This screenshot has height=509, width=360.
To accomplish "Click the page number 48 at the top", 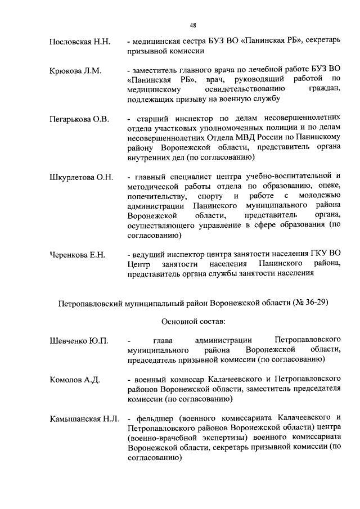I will [192, 25].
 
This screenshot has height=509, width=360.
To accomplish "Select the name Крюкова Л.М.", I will [75, 71].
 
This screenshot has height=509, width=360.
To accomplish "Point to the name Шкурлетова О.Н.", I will [81, 177].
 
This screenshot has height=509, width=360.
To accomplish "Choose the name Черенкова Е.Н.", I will [78, 255].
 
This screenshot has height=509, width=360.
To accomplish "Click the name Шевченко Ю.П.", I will [78, 341].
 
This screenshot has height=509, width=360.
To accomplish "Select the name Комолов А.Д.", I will [74, 380].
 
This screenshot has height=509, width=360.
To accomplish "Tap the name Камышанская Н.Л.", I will [83, 418].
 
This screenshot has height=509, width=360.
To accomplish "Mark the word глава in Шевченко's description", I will [164, 341].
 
